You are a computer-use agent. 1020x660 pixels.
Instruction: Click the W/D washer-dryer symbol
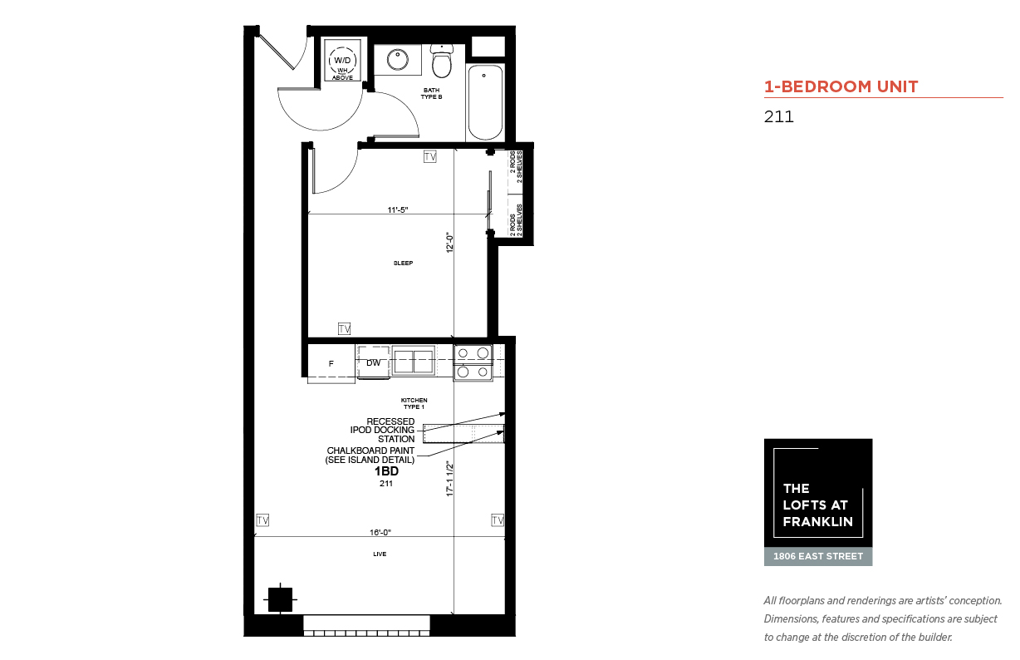pyautogui.click(x=342, y=61)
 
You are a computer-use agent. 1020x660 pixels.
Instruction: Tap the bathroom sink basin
pyautogui.click(x=398, y=60)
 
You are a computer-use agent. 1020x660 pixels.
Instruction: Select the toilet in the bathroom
pyautogui.click(x=442, y=61)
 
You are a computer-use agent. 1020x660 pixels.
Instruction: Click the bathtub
pyautogui.click(x=485, y=102)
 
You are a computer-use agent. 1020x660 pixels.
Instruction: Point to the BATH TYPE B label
pyautogui.click(x=431, y=93)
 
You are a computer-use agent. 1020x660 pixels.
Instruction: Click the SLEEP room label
pyautogui.click(x=403, y=263)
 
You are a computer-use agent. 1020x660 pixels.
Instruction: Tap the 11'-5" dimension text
pyautogui.click(x=398, y=209)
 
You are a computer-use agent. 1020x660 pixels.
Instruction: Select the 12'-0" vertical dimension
pyautogui.click(x=450, y=243)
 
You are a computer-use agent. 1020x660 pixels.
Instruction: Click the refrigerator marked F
pyautogui.click(x=331, y=364)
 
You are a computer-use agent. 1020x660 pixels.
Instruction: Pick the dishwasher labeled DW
pyautogui.click(x=374, y=362)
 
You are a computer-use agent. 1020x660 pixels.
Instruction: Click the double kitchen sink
pyautogui.click(x=414, y=361)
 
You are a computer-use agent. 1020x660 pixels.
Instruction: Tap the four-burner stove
pyautogui.click(x=473, y=362)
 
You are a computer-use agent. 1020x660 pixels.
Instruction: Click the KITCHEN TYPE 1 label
pyautogui.click(x=414, y=403)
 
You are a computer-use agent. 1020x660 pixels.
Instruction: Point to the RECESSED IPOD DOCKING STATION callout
pyautogui.click(x=382, y=431)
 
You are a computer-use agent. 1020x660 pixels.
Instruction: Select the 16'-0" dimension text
pyautogui.click(x=380, y=532)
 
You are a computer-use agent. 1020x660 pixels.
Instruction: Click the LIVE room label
pyautogui.click(x=380, y=554)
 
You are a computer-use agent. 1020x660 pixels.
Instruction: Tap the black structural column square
pyautogui.click(x=280, y=599)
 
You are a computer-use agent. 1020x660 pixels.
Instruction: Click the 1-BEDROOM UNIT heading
pyautogui.click(x=841, y=86)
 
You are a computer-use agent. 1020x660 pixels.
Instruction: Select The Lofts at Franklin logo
pyautogui.click(x=818, y=493)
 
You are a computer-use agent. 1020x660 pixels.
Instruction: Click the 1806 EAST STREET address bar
pyautogui.click(x=818, y=556)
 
